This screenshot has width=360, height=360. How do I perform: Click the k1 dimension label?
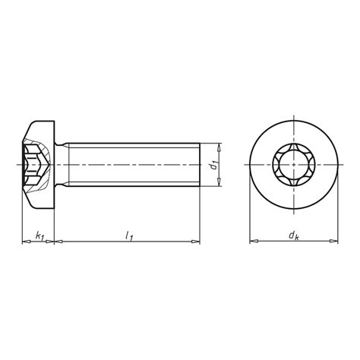click(x=39, y=237)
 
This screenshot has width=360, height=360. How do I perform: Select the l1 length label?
click(x=127, y=237)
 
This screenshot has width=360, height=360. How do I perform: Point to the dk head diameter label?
click(x=293, y=237)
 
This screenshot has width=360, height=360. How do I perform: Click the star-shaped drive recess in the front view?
click(x=293, y=164)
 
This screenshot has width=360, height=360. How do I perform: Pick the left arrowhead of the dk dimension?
click(x=253, y=243)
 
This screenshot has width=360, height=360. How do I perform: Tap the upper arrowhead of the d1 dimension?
click(x=219, y=147)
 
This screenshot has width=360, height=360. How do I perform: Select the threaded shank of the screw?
click(x=129, y=164)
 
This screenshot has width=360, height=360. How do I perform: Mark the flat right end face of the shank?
click(x=200, y=164)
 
